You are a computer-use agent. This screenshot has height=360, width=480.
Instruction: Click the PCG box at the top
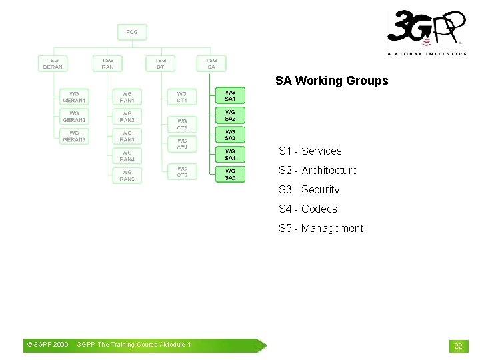[x=132, y=32]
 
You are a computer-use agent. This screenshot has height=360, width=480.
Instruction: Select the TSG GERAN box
[x=53, y=63]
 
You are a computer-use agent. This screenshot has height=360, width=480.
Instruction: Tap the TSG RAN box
[x=107, y=63]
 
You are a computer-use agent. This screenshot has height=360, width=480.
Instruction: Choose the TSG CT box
[x=161, y=63]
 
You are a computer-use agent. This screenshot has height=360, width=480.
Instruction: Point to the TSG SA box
[x=211, y=63]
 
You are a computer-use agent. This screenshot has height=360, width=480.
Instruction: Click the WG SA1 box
[x=230, y=95]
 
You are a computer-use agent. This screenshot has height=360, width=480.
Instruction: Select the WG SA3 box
[x=230, y=135]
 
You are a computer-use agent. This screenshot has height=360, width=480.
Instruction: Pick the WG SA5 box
[x=230, y=175]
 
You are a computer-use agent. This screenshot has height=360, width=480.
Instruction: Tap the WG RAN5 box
[x=127, y=175]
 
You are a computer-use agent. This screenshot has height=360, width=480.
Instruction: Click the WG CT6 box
[x=182, y=171]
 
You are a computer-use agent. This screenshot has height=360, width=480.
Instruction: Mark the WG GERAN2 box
[x=74, y=117]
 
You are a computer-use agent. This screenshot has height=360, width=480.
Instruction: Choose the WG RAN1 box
[x=127, y=97]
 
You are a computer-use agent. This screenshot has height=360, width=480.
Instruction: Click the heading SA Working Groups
[x=331, y=81]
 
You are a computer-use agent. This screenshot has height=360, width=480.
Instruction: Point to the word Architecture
[x=329, y=170]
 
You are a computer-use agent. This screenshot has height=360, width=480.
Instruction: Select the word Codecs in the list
[x=319, y=209]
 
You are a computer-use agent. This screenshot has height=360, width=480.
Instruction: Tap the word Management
[x=332, y=228]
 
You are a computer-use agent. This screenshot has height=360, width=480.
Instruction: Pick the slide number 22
[x=458, y=345]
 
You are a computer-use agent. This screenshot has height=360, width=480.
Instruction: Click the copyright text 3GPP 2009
[x=47, y=345]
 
